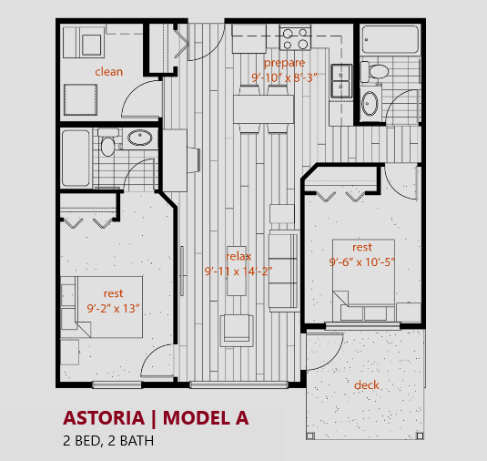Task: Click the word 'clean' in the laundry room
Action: [x=108, y=71]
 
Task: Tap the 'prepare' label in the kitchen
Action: [x=283, y=63]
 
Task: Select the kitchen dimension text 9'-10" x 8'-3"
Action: [x=283, y=78]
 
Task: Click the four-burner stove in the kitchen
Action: [x=295, y=38]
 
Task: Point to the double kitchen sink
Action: [x=341, y=80]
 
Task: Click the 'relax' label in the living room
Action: [x=238, y=256]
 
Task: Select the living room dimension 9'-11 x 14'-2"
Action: [x=238, y=271]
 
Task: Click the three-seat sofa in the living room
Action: [x=284, y=270]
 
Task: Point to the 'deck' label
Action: [x=367, y=384]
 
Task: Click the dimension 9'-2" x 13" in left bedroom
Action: [x=113, y=307]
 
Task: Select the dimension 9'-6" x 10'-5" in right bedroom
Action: [x=361, y=262]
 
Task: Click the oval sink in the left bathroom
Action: [x=139, y=139]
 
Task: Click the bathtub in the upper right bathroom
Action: [x=390, y=40]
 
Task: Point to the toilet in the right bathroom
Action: [x=375, y=70]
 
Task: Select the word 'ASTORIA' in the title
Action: [x=104, y=418]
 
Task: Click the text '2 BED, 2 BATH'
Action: [x=108, y=442]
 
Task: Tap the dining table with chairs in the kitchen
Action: [x=263, y=110]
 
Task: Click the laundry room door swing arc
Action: [x=137, y=97]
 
